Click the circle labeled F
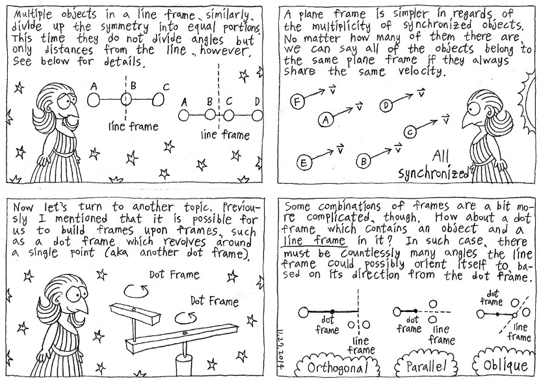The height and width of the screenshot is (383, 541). pyautogui.click(x=298, y=102)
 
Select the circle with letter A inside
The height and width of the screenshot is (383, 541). pyautogui.click(x=325, y=119)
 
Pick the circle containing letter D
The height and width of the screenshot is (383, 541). pyautogui.click(x=386, y=104)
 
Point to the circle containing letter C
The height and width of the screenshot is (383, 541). pyautogui.click(x=410, y=132)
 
